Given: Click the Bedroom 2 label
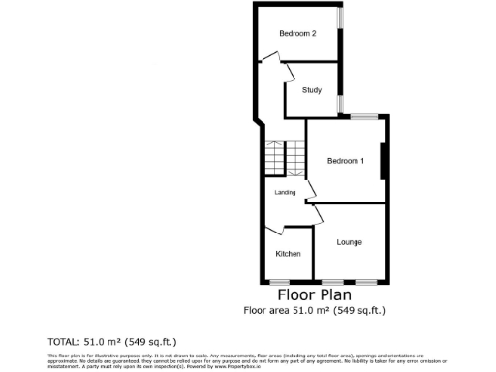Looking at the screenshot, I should point(297,34).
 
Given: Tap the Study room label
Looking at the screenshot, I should point(311,90).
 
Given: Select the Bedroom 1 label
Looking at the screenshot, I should point(345,160).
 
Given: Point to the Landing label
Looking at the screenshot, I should point(285,192).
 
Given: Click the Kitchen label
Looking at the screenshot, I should point(288,254).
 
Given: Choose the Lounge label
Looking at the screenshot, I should point(350,241).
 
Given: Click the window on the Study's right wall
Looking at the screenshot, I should point(339,105).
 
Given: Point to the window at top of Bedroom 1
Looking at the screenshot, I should point(363,117).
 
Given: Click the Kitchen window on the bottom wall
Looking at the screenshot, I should point(288,281).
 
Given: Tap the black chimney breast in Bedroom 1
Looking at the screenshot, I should point(385,160).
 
